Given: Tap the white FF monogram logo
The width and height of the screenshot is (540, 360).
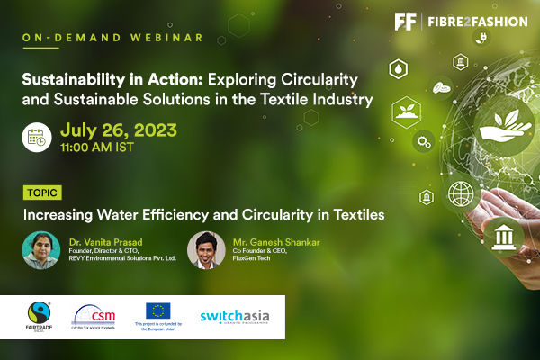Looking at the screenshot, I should click(x=407, y=21).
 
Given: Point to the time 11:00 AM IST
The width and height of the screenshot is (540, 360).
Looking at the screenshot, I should click(x=97, y=145).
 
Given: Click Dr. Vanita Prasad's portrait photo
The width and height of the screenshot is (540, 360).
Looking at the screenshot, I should click(x=40, y=250).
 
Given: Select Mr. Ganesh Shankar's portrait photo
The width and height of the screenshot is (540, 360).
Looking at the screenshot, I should click(x=206, y=248).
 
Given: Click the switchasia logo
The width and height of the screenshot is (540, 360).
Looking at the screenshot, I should click(x=234, y=316).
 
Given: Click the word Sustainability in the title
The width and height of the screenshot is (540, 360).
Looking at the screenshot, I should click(x=68, y=77).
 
